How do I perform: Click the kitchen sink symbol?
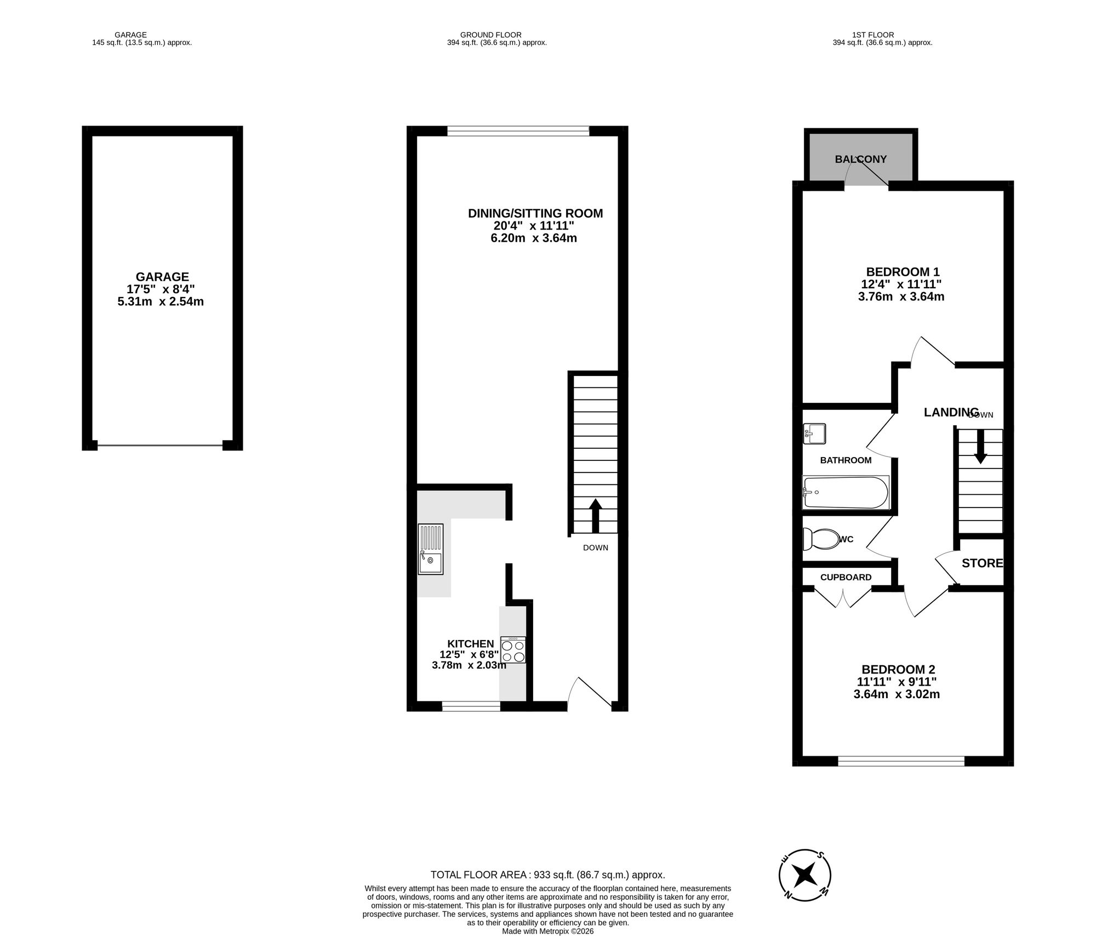pos(430,549)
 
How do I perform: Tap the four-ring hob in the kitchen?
pos(513,650)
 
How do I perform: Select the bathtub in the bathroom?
pos(845,492)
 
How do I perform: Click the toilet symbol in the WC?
pos(820,539)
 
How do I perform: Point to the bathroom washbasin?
pos(814,433)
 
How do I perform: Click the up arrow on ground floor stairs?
pos(595,515)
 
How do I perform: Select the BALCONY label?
pos(860,159)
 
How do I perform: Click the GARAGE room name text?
pos(162,277)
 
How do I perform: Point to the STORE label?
pos(982,563)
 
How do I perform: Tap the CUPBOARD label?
pos(846,577)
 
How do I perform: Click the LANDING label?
pos(951,412)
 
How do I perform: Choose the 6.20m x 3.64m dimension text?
pos(533,238)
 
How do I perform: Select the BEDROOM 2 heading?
pos(898,669)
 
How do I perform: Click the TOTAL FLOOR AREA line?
pos(547,875)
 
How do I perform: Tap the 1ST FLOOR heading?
pos(882,35)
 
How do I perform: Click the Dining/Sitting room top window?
pos(518,130)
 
